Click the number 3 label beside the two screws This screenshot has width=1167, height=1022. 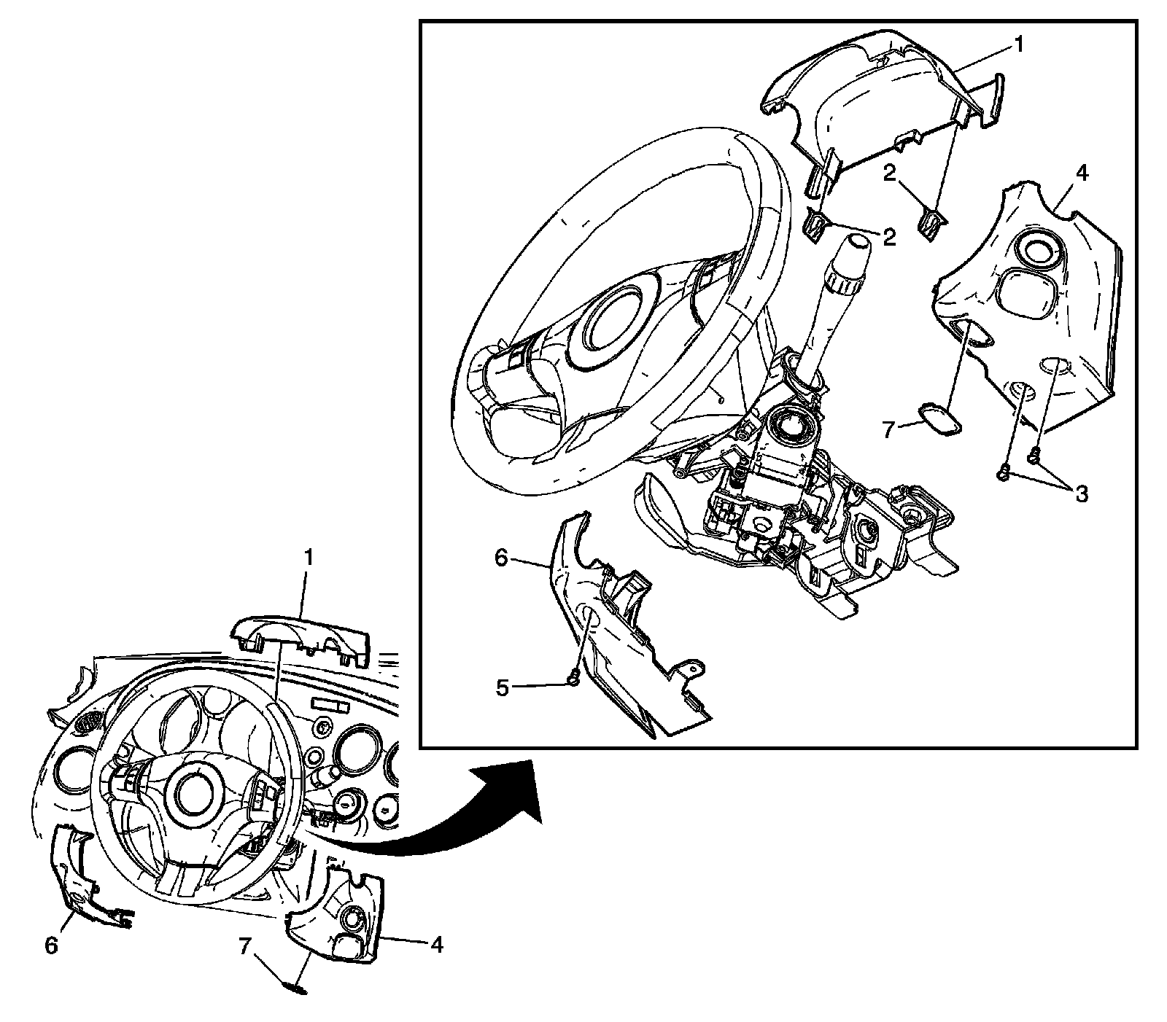(x=1081, y=494)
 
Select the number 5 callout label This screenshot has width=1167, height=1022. (x=503, y=688)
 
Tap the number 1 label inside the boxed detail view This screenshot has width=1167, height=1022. (x=1019, y=45)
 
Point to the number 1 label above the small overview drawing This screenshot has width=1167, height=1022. (x=309, y=558)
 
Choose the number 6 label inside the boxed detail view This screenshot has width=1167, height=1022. (x=500, y=558)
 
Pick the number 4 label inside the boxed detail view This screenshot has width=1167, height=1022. (x=1082, y=173)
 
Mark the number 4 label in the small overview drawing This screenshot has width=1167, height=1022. (x=436, y=945)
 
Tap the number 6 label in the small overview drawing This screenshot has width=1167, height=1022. (x=50, y=945)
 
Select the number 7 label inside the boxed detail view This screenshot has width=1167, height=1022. (x=888, y=429)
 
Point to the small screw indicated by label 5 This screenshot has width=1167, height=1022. (x=573, y=680)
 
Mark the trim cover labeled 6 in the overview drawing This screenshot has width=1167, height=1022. (x=77, y=875)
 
